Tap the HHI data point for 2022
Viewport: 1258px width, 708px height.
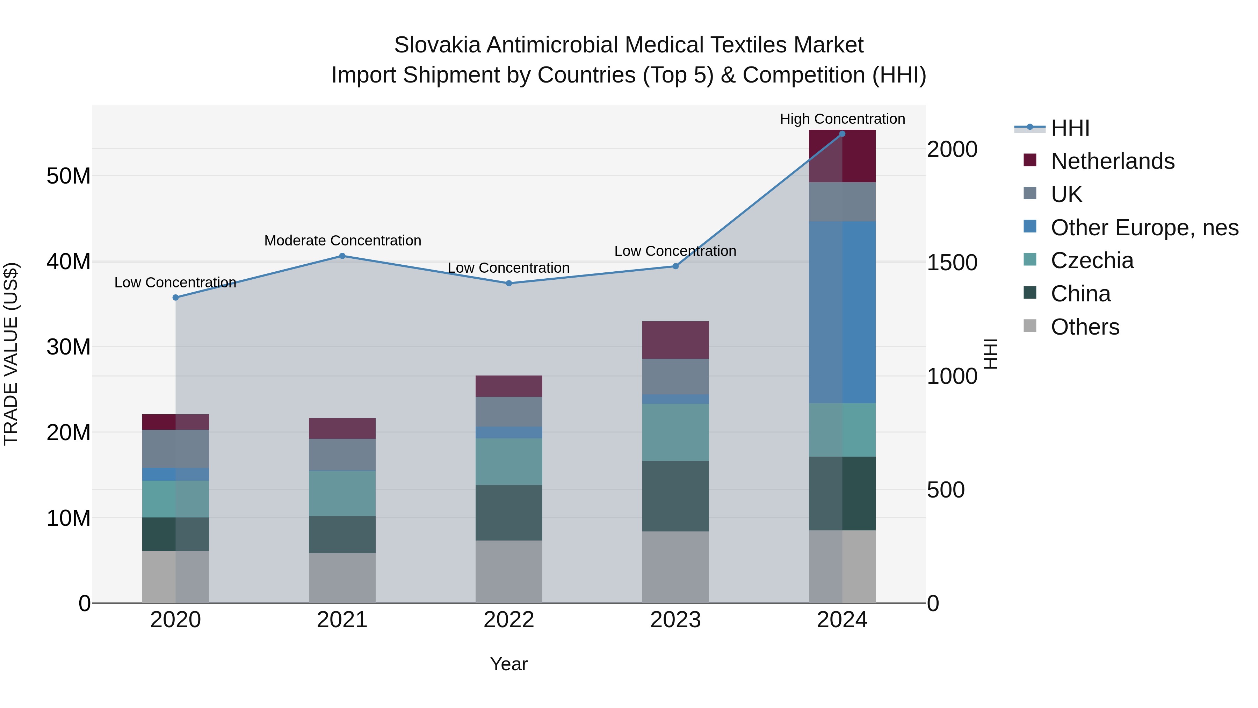[508, 284]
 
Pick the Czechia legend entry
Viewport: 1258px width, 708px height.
[1091, 260]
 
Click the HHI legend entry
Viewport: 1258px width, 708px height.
[1070, 128]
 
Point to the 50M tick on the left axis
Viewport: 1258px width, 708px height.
[68, 176]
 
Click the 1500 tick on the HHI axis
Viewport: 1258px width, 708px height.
[952, 263]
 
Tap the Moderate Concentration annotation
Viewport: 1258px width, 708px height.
[342, 241]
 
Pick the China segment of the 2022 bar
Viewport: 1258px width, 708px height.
[508, 513]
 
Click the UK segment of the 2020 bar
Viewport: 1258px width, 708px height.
[175, 449]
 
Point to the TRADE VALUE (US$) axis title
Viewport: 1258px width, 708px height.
[11, 354]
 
